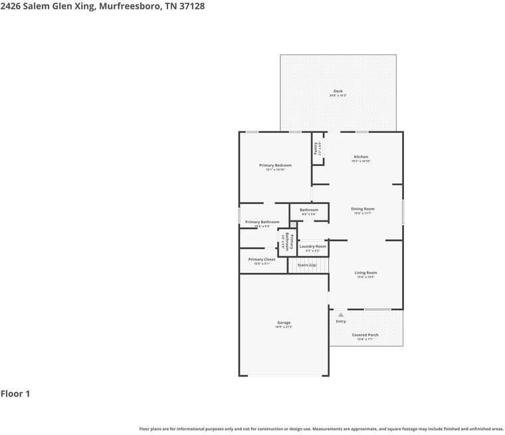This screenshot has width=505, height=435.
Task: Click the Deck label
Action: click(x=338, y=91)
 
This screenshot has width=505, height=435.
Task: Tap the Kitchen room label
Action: click(x=361, y=157)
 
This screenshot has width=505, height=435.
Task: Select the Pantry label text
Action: click(x=317, y=149)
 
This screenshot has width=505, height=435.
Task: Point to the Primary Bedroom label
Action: click(x=275, y=165)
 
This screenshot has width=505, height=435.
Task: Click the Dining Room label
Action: click(x=363, y=209)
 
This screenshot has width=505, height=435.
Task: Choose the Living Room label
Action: click(x=365, y=272)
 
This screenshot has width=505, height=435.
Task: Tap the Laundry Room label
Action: click(x=312, y=246)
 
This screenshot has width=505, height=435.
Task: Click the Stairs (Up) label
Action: click(x=307, y=265)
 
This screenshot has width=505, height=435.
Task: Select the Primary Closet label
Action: click(x=262, y=260)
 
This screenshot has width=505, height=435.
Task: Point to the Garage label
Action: click(x=284, y=323)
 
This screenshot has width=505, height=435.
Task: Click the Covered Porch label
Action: click(x=365, y=335)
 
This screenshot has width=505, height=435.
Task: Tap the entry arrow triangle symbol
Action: click(x=340, y=315)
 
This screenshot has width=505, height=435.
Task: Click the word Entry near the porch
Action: click(x=340, y=321)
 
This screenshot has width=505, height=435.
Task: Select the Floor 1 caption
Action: click(x=15, y=394)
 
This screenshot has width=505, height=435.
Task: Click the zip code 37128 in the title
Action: click(x=191, y=6)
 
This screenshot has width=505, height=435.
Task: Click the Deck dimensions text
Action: click(x=338, y=96)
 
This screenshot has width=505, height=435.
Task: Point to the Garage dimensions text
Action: click(x=284, y=327)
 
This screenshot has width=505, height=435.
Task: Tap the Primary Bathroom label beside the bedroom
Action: click(x=262, y=222)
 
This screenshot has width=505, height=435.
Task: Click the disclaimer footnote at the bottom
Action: click(x=321, y=429)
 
